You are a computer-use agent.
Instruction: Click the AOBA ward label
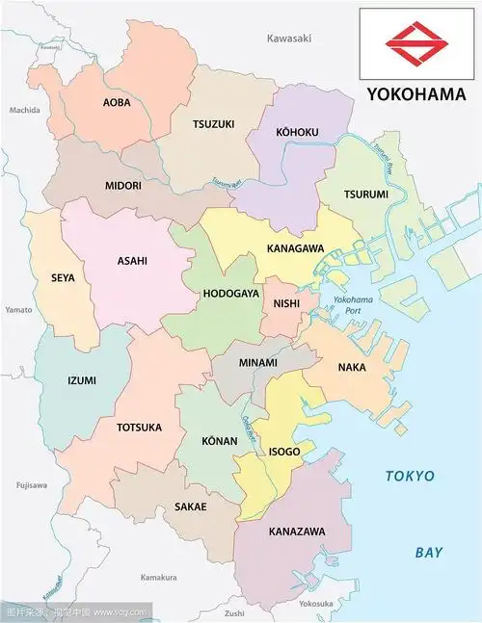[118, 101]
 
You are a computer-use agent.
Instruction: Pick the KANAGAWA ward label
[295, 249]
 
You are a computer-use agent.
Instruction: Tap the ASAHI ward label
[132, 261]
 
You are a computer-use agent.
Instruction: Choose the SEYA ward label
[63, 278]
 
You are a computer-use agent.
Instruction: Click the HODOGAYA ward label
[230, 294]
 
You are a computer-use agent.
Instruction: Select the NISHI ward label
[286, 303]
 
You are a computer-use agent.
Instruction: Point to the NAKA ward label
[351, 367]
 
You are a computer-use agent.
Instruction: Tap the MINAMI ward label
[257, 363]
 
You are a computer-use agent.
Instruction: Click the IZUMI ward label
[82, 380]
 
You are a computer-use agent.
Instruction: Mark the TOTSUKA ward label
[140, 427]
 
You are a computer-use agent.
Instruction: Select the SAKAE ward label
[191, 506]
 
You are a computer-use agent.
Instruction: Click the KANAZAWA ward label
[297, 532]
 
